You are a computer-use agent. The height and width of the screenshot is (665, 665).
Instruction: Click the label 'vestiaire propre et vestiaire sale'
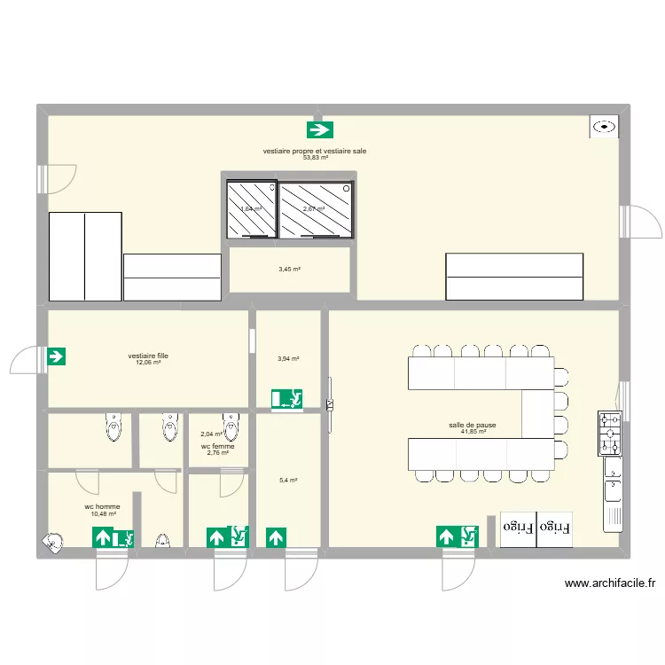(315, 152)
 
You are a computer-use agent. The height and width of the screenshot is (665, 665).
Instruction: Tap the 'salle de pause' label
(472, 426)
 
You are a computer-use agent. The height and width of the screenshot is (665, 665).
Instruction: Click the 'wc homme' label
(102, 506)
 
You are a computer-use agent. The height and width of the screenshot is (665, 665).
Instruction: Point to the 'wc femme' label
(218, 446)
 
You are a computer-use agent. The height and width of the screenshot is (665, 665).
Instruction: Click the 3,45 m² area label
(290, 269)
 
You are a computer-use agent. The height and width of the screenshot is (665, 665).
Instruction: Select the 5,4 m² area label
(288, 481)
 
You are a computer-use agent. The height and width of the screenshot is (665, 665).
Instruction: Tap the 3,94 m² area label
(288, 359)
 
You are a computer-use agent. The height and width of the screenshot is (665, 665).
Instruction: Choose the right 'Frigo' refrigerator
(555, 528)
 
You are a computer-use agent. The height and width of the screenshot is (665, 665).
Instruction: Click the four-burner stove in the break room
(610, 433)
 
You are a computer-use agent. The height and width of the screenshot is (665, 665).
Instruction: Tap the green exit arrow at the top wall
(319, 130)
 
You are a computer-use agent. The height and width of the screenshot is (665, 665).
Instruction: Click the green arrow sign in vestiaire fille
(56, 357)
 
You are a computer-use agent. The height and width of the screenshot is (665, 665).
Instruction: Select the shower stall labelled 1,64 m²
(251, 209)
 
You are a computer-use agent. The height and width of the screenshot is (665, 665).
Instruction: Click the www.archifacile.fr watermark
(609, 583)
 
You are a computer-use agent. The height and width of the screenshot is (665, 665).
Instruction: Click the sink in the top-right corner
(605, 127)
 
